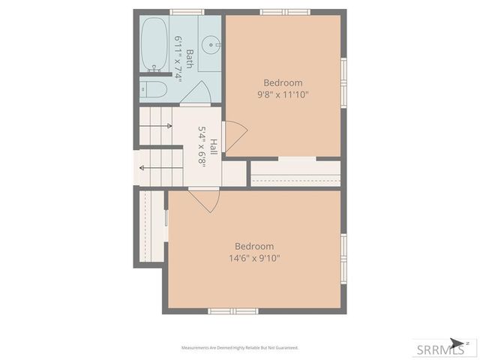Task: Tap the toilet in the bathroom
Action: tap(154, 90)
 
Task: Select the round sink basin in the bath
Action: tap(211, 44)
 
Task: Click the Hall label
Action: tap(214, 146)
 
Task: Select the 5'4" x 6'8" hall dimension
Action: tap(202, 145)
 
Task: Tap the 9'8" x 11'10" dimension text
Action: tap(283, 94)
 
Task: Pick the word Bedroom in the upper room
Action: tap(283, 82)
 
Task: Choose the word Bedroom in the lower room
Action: tap(254, 246)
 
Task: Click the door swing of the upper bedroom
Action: tap(235, 136)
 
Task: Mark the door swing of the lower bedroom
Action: tap(204, 199)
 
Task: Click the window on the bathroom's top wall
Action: tap(187, 12)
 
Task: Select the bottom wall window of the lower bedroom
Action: tap(232, 310)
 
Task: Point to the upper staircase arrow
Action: tap(156, 126)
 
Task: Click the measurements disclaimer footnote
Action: tap(240, 348)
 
